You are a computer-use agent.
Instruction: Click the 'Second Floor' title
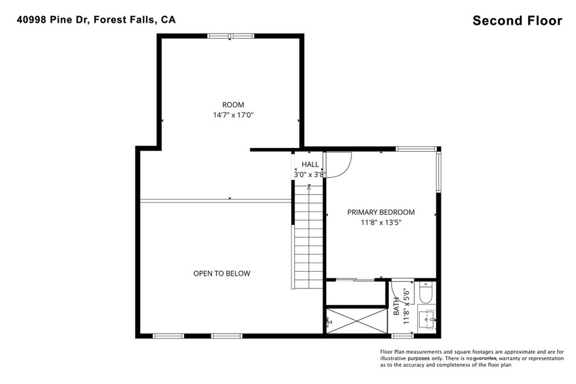pos(517,21)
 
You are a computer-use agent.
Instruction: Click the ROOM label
pos(233,105)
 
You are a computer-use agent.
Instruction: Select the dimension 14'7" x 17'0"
pos(233,115)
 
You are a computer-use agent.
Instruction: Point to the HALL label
pos(310,165)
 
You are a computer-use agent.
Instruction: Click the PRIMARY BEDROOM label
pos(381,212)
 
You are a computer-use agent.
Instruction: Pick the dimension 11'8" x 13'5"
pos(381,222)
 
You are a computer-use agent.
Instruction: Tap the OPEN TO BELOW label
pos(222,273)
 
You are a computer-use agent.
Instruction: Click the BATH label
pos(397,306)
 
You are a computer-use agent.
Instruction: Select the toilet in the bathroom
pos(426,292)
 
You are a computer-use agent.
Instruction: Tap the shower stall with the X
pos(357,321)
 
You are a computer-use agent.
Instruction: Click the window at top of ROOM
pos(230,36)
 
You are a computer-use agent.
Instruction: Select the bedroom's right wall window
pos(438,172)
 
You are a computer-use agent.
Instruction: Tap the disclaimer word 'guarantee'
pos(485,358)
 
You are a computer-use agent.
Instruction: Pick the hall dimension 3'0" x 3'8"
pos(310,175)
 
